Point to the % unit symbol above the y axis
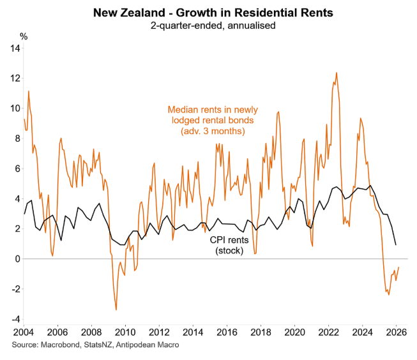pos(24,36)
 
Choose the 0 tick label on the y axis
pos(17,259)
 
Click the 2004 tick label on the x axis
pos(24,333)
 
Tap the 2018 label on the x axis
pos(260,333)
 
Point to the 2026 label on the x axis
pos(396,333)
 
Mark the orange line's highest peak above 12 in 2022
pos(337,73)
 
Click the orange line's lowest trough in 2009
pos(116,310)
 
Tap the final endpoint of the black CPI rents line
pos(396,244)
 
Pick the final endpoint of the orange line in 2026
pos(398,267)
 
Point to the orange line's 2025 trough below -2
pos(388,294)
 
